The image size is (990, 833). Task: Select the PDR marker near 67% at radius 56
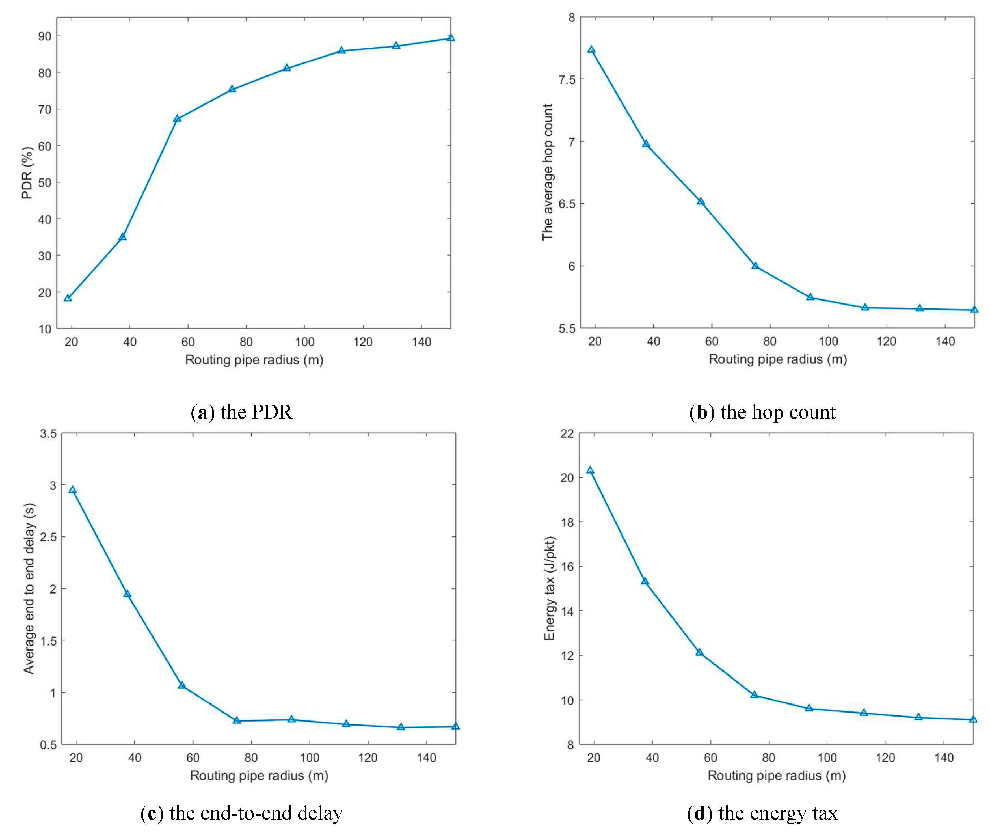pos(177,118)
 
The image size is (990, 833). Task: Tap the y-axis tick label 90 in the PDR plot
pos(45,36)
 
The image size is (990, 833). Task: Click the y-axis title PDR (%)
pos(27,173)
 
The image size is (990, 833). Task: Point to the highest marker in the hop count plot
pos(591,49)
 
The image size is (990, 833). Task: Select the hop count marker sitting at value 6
pos(755,266)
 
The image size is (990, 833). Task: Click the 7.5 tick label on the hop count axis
pos(567,79)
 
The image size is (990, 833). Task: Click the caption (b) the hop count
pos(762,412)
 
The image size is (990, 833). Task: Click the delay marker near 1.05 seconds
pos(182,685)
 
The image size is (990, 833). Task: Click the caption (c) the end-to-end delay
pos(241,813)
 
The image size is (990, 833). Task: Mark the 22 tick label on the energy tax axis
pos(567,433)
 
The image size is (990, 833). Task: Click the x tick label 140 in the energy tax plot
pos(944,758)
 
